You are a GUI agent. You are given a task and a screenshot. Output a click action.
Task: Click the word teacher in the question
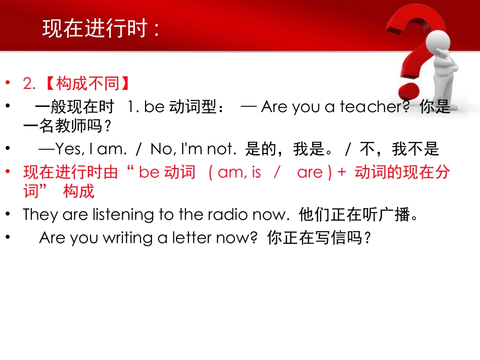click(371, 107)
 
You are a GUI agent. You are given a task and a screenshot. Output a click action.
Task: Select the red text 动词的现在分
click(402, 173)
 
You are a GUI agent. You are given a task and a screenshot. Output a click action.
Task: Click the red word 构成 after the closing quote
click(79, 191)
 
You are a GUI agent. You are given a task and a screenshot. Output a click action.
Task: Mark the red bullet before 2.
click(8, 83)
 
